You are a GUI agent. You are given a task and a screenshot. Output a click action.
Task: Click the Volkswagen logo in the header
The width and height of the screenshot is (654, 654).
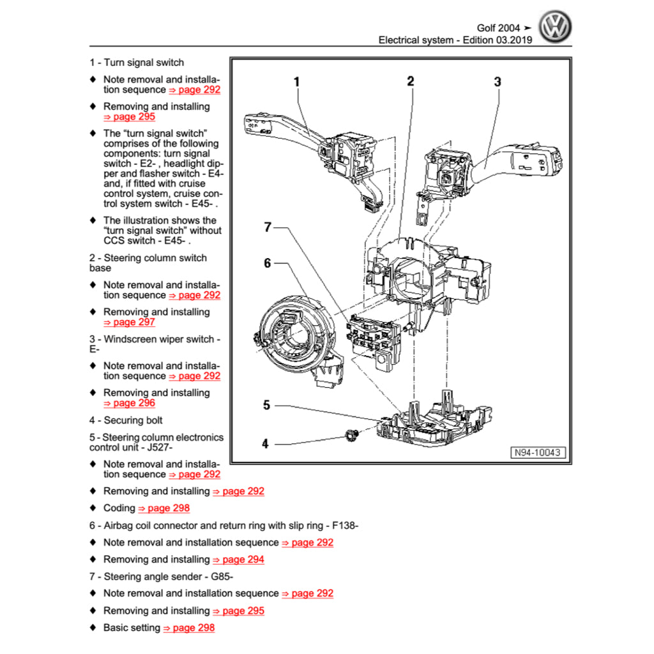(555, 27)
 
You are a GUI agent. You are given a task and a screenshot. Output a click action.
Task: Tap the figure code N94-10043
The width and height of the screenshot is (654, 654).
(538, 452)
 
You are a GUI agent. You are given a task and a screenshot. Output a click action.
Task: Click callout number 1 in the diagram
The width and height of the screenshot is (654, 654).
(296, 82)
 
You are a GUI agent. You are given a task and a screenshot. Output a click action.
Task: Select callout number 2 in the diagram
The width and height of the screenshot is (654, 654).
(411, 81)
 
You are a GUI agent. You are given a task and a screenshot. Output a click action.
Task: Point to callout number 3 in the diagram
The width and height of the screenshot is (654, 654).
(498, 82)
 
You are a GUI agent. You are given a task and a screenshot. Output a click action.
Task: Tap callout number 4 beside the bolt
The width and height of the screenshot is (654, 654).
(266, 444)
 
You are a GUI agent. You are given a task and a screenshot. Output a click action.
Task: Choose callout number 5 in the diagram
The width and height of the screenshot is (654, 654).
(267, 405)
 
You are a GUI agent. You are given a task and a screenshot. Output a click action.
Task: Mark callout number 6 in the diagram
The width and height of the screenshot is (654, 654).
(268, 262)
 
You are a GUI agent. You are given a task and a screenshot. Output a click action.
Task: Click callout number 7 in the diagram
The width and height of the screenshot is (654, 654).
(268, 227)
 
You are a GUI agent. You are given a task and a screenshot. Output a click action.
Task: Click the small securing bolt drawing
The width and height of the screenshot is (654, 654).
(349, 436)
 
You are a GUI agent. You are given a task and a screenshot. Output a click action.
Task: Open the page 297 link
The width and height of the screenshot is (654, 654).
(129, 323)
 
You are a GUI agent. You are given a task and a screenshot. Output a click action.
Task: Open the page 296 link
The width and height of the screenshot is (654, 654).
(129, 403)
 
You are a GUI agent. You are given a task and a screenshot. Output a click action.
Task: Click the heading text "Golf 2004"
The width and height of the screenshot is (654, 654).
(498, 28)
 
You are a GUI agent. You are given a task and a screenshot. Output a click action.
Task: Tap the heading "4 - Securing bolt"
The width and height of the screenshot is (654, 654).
(126, 420)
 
